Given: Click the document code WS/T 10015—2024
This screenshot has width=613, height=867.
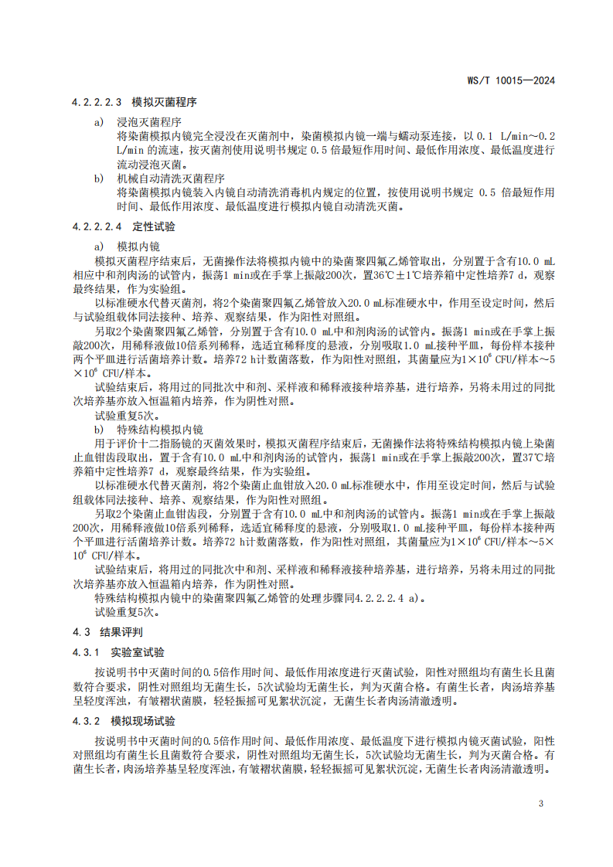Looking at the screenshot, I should [512, 80].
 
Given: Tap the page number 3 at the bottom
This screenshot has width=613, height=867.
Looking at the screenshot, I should [541, 803].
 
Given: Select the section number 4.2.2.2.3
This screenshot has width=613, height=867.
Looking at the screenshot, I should [97, 102].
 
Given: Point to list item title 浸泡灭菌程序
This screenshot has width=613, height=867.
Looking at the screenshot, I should [149, 122].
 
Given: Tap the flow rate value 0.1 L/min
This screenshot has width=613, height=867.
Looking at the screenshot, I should [503, 136].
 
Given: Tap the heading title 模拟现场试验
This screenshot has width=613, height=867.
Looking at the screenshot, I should [142, 721].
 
